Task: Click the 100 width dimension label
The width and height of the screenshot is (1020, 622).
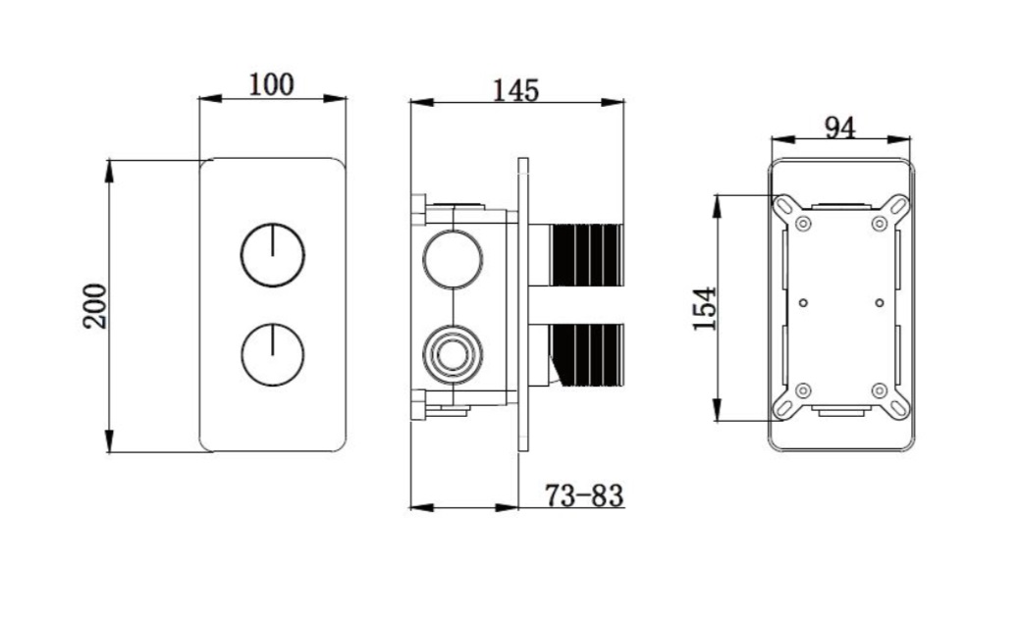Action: pos(271,84)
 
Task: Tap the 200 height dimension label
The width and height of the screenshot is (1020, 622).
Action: pos(95,306)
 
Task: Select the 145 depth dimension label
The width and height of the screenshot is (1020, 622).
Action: pos(515,90)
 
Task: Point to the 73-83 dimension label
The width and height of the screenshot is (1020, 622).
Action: pos(583,495)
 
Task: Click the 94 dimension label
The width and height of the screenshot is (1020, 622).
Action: pos(839,128)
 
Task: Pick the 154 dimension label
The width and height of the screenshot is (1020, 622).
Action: pos(705,309)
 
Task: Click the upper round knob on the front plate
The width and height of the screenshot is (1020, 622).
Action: pos(273,255)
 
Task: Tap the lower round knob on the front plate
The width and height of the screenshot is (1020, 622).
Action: pos(273,354)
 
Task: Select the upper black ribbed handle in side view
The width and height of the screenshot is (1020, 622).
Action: pos(587,255)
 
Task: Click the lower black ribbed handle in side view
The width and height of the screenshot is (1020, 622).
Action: pos(587,355)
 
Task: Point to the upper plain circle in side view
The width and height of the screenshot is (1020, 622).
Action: pos(453,259)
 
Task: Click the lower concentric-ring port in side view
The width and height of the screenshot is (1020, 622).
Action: pos(453,355)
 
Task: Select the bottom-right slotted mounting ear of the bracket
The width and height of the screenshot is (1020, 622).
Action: pos(897,407)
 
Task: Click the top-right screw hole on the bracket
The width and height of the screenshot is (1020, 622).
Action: pos(880,224)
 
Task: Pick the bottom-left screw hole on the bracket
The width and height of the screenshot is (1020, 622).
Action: pos(803,390)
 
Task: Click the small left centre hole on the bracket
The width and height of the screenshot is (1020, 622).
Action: pos(803,303)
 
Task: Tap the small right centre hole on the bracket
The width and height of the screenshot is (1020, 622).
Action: pos(880,303)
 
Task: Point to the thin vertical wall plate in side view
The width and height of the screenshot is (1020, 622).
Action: pos(523,304)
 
